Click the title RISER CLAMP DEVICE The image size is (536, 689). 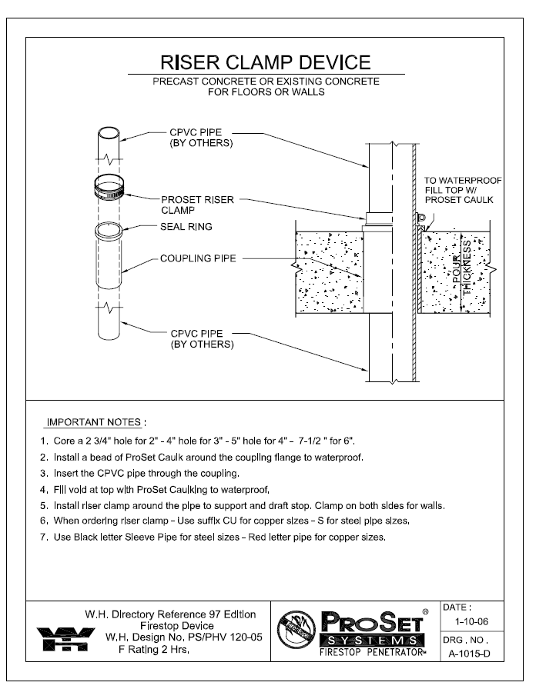265,62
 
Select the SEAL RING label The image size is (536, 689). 186,227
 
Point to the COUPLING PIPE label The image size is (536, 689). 198,258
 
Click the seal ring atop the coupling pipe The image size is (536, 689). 107,230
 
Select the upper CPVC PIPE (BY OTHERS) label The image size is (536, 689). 201,138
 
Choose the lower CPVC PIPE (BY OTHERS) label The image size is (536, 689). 202,339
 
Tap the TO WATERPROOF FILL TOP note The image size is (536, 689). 463,190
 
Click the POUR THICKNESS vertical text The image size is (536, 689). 471,266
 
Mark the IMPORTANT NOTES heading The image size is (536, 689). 95,422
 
